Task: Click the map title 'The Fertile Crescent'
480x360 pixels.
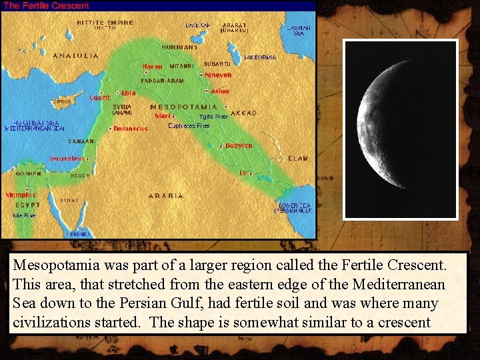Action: pyautogui.click(x=47, y=5)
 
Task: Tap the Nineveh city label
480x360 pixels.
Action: pyautogui.click(x=218, y=75)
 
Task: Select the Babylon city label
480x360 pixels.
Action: pyautogui.click(x=239, y=146)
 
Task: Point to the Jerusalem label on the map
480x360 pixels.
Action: pyautogui.click(x=67, y=159)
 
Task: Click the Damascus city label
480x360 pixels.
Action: pyautogui.click(x=130, y=128)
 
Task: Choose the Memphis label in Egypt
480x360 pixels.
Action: pyautogui.click(x=21, y=195)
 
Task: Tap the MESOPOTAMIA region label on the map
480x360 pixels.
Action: pyautogui.click(x=183, y=107)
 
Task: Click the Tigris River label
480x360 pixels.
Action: pyautogui.click(x=213, y=117)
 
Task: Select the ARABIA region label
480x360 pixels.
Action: pyautogui.click(x=165, y=195)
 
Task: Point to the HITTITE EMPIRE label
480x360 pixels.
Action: pyautogui.click(x=105, y=23)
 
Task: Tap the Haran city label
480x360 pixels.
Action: pyautogui.click(x=152, y=67)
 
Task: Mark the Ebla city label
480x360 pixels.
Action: pyautogui.click(x=128, y=93)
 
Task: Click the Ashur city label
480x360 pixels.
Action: pyautogui.click(x=220, y=91)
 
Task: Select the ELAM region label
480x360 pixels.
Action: pyautogui.click(x=297, y=159)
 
